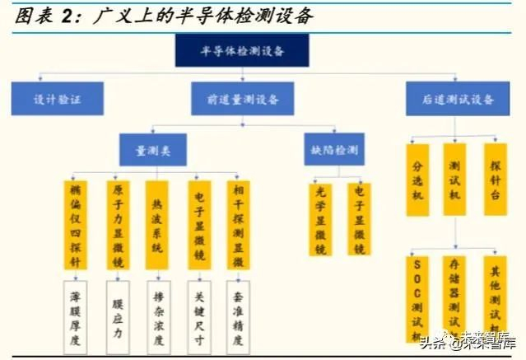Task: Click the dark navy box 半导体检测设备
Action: (x=242, y=51)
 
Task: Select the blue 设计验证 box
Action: (x=57, y=100)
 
